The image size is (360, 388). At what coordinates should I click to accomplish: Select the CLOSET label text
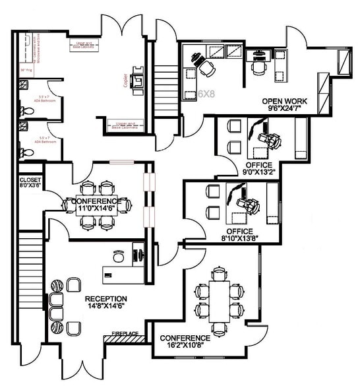[30, 179]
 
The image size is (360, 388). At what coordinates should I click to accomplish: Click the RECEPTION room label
[106, 298]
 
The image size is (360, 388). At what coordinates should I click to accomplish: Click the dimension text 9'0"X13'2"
[258, 173]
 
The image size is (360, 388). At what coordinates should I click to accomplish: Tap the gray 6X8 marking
[207, 94]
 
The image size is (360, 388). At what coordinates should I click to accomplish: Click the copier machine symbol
[138, 80]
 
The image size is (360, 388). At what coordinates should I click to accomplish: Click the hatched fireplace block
[124, 339]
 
